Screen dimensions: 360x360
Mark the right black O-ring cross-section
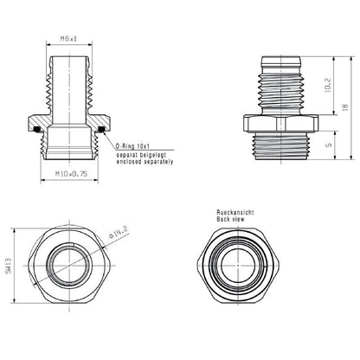(103, 131)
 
